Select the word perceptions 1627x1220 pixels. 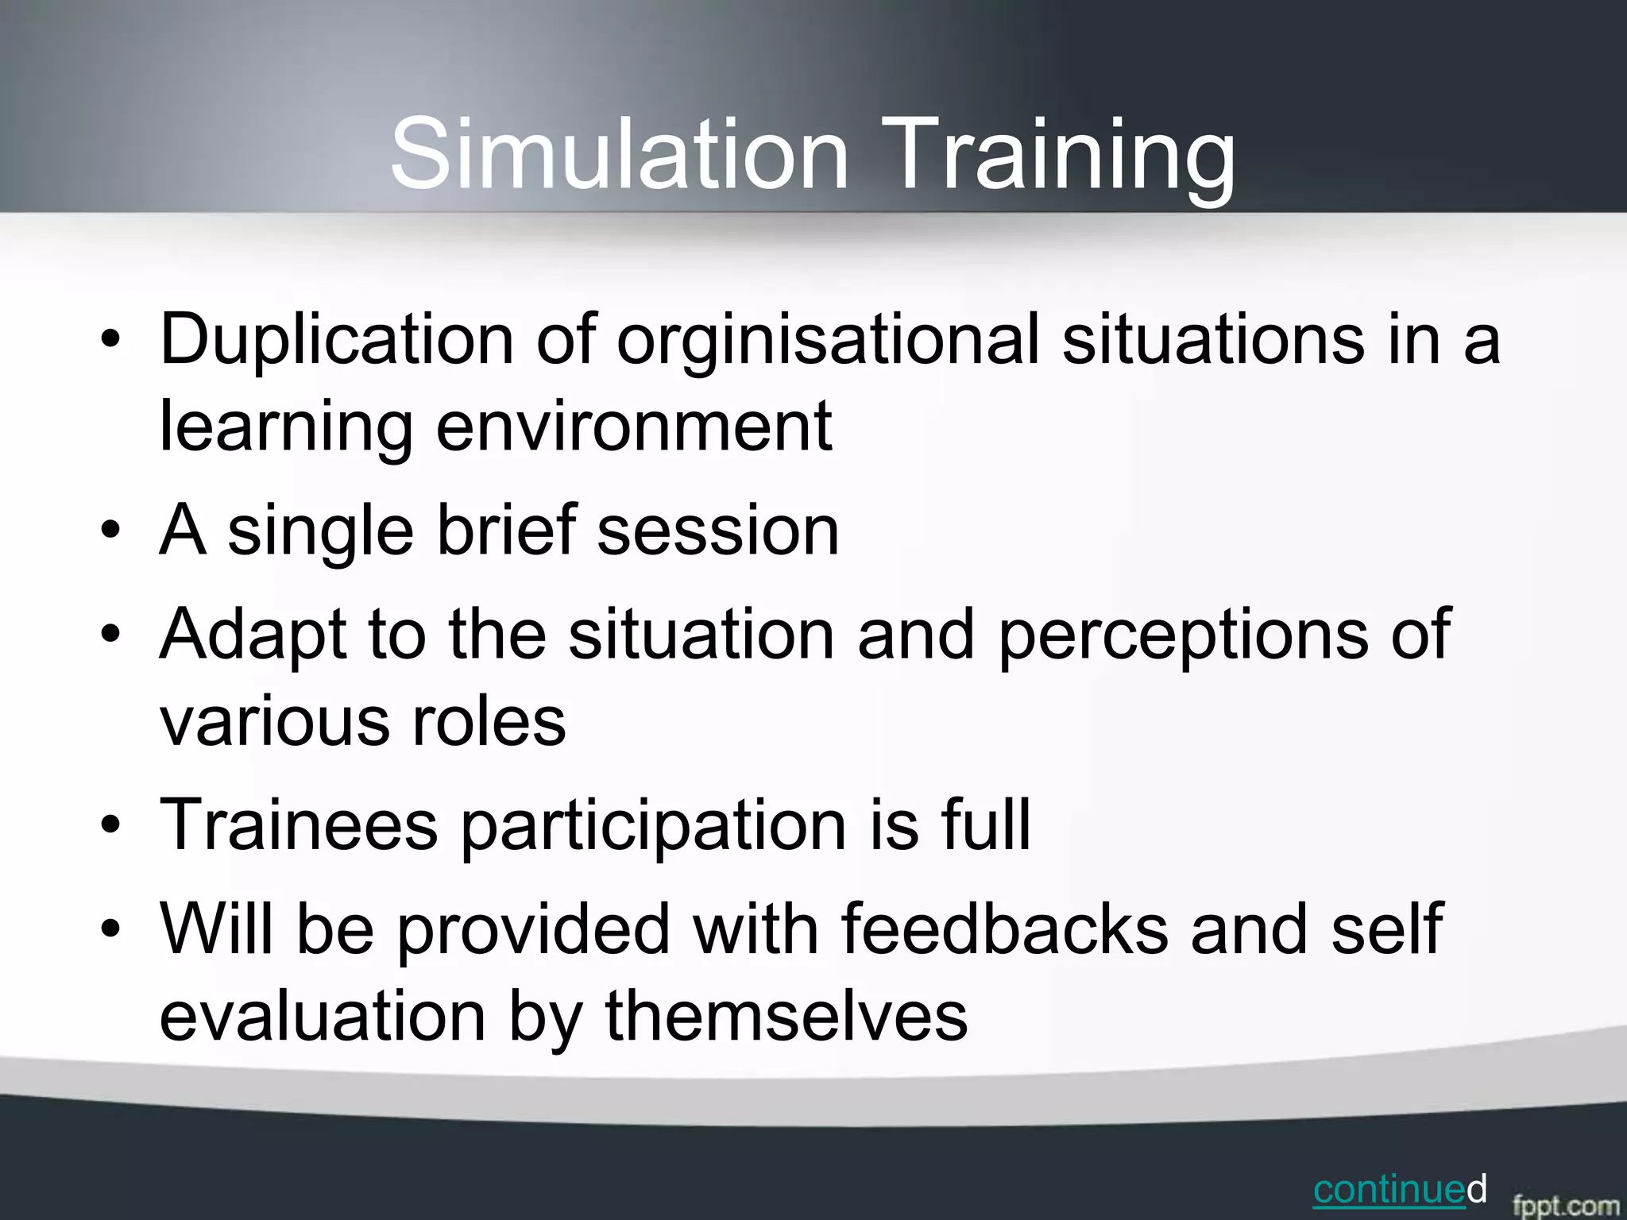pos(1183,635)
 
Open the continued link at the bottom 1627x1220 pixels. pos(1389,1189)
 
